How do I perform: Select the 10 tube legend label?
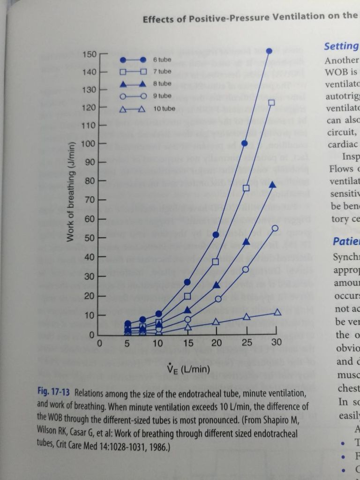164,109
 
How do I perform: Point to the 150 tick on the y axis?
89,54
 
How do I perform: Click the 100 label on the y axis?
89,143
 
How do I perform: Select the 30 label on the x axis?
277,343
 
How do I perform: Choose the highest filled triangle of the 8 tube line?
272,184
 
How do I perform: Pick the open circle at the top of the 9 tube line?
275,228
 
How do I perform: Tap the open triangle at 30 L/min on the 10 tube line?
277,312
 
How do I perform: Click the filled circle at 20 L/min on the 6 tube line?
216,234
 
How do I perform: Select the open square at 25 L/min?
246,188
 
